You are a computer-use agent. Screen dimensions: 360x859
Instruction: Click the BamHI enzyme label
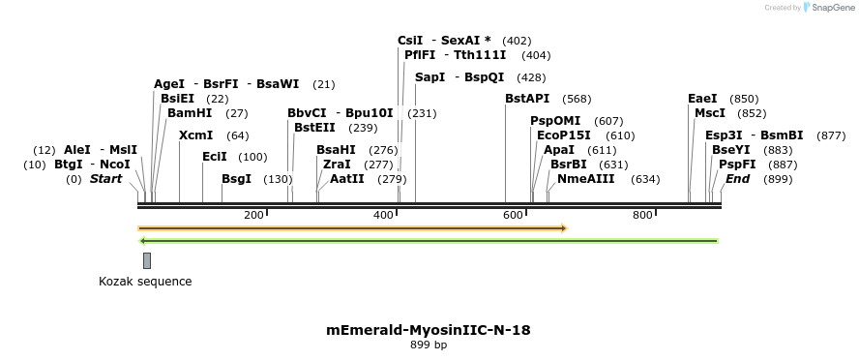point(190,113)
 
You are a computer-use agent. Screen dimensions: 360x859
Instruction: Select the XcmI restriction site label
point(196,135)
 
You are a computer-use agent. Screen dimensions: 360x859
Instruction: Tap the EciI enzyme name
point(215,157)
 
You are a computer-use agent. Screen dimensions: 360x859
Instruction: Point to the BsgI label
point(236,179)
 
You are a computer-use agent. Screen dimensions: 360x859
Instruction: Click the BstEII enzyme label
point(315,128)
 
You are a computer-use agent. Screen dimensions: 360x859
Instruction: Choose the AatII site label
point(347,179)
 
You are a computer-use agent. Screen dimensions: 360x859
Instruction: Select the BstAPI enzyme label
point(527,99)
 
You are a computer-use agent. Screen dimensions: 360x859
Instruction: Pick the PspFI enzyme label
point(737,165)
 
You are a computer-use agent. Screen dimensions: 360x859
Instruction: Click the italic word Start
point(107,179)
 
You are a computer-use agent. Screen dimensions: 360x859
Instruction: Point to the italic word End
point(738,179)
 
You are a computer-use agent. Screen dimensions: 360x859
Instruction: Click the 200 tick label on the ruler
point(254,215)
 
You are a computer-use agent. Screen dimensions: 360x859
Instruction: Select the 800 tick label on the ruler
point(643,215)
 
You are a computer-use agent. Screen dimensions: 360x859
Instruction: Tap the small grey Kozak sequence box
point(147,260)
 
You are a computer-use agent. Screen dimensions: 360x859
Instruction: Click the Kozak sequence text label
point(145,282)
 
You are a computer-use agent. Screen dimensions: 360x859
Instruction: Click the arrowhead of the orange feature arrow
point(563,228)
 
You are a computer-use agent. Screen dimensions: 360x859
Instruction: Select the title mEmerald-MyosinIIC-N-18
point(429,330)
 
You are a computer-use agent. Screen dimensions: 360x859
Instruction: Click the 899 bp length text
point(429,345)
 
